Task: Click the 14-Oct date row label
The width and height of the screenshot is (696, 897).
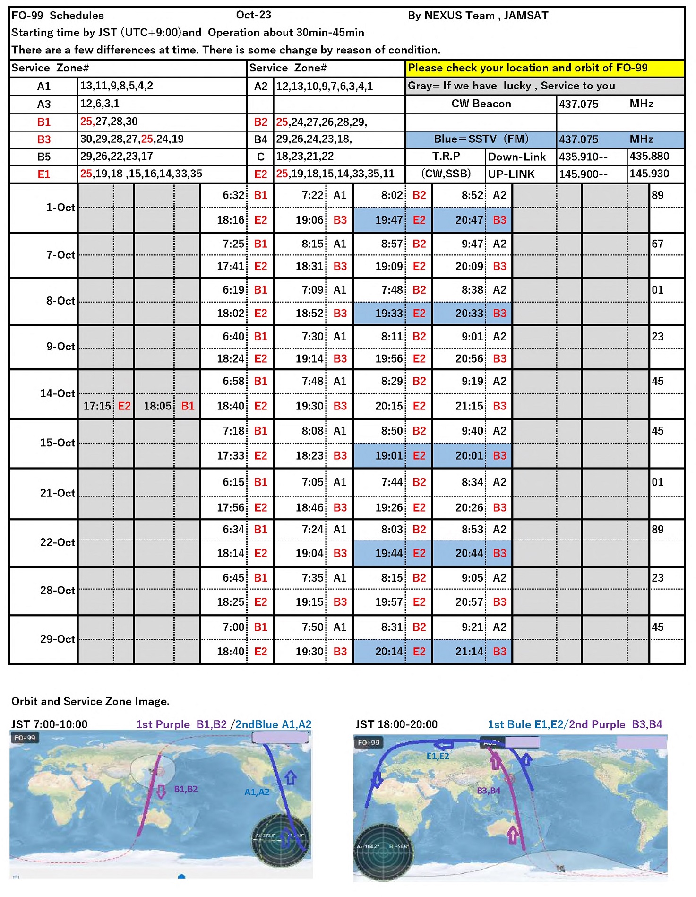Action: pos(58,393)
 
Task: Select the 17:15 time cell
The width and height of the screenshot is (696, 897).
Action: pos(97,406)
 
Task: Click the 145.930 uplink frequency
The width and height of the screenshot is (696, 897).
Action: pos(649,174)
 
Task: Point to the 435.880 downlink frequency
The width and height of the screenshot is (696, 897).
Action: pos(649,157)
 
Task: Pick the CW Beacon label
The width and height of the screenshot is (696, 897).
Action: pos(481,104)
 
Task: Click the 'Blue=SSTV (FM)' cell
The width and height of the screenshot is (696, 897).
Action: pos(481,139)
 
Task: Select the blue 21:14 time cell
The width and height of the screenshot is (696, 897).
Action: pos(469,652)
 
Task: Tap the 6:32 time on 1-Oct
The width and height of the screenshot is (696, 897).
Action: pos(233,195)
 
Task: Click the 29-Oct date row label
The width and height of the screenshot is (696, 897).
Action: pos(58,639)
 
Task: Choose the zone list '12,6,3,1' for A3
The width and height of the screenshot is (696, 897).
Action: pos(100,104)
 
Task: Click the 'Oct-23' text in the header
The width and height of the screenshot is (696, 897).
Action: pos(254,15)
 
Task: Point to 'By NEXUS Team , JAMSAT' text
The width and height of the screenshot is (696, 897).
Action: pos(478,16)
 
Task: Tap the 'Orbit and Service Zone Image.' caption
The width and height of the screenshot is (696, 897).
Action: pos(90,701)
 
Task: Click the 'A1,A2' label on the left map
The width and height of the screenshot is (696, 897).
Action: pos(257,792)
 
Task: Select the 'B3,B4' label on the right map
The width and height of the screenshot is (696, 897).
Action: pos(489,791)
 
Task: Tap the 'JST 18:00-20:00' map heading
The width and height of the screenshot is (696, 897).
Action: pos(396,724)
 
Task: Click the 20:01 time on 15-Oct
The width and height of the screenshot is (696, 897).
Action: pos(469,456)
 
